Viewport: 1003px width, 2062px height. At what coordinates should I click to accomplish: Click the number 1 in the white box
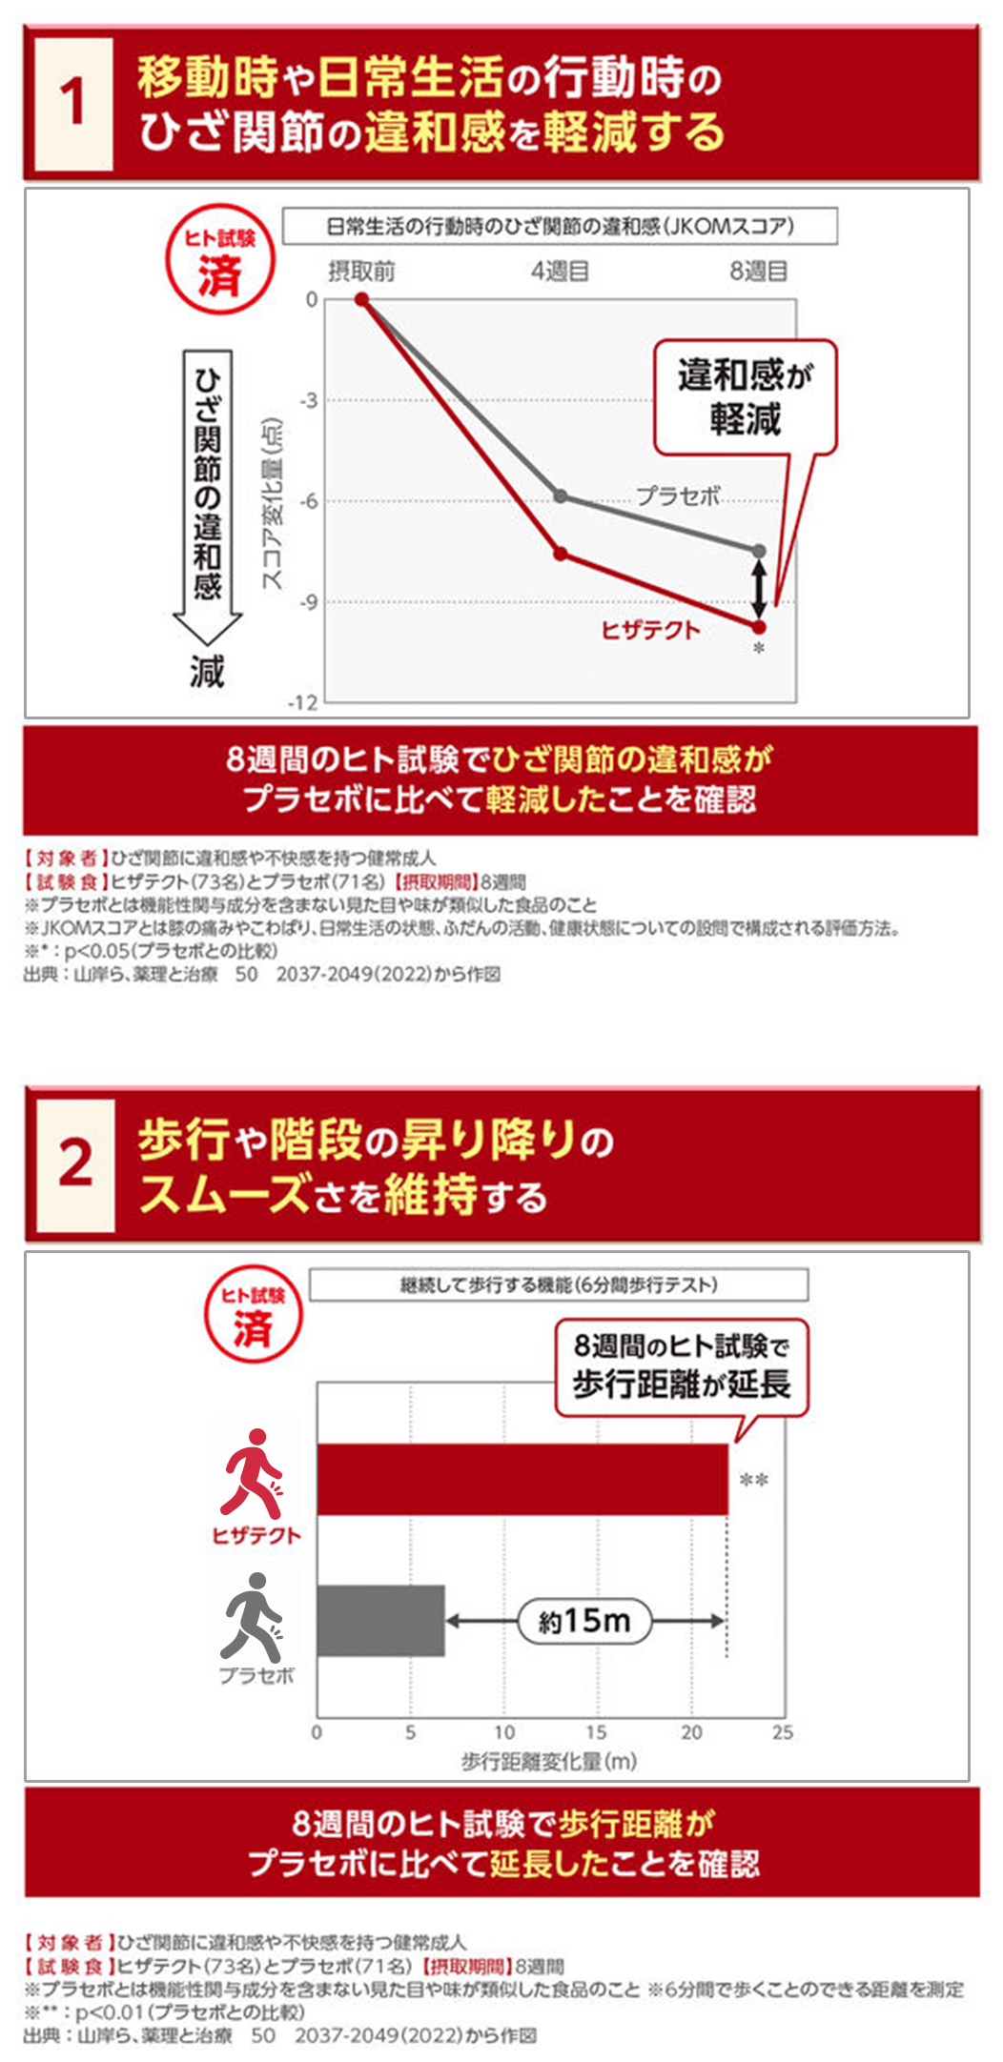73,103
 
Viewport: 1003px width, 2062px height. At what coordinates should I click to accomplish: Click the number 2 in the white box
75,1164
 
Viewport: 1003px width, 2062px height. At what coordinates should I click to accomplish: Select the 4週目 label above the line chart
560,272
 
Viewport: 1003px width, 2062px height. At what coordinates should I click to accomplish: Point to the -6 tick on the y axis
310,501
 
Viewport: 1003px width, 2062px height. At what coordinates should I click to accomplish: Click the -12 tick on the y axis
303,703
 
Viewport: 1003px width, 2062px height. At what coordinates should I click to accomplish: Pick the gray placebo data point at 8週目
759,551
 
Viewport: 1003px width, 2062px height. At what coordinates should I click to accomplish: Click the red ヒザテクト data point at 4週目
561,554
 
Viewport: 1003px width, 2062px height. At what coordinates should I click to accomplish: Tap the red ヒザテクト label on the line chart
650,630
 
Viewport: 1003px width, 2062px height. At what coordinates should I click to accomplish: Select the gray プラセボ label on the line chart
678,495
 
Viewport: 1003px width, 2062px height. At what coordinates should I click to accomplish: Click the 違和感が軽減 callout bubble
745,396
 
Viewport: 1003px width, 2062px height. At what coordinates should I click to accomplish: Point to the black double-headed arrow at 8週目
759,589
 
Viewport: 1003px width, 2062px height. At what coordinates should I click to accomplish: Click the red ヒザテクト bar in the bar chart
522,1479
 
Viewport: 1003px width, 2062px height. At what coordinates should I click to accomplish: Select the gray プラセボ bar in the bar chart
380,1621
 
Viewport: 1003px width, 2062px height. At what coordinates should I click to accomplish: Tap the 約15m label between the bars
584,1621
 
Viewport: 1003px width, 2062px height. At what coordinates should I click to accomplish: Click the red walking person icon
253,1473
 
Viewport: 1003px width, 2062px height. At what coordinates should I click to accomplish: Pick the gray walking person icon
253,1617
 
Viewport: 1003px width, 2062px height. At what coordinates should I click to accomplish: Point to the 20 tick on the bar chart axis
691,1732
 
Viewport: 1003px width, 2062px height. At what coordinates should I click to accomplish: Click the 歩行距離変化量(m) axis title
549,1761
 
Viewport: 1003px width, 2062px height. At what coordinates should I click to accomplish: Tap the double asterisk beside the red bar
753,1480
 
